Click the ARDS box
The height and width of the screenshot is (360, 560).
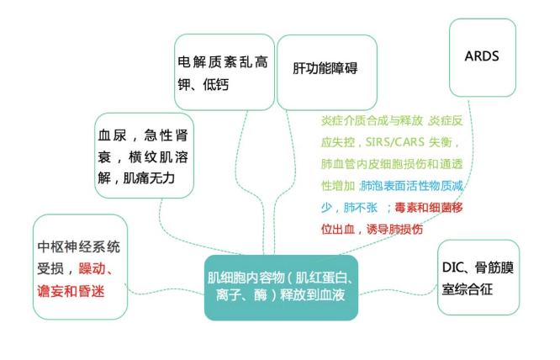pyautogui.click(x=483, y=57)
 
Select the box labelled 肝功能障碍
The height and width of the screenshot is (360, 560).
pyautogui.click(x=327, y=72)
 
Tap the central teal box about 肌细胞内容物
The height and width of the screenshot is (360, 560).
pyautogui.click(x=281, y=288)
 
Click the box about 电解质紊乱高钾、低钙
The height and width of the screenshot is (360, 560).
pyautogui.click(x=225, y=71)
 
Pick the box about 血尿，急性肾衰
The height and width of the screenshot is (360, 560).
pyautogui.click(x=144, y=156)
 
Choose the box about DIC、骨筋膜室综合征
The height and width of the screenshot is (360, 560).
pyautogui.click(x=478, y=278)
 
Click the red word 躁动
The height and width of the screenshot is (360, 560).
pyautogui.click(x=92, y=268)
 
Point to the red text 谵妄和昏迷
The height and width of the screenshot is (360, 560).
pyautogui.click(x=71, y=291)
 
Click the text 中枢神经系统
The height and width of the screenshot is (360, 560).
pyautogui.click(x=78, y=246)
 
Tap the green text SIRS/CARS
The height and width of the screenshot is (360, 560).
pyautogui.click(x=394, y=142)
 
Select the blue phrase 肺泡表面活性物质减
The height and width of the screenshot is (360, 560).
pyautogui.click(x=412, y=186)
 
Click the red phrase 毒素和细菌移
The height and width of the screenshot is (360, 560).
pyautogui.click(x=429, y=208)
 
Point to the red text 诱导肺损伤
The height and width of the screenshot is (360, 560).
pyautogui.click(x=394, y=230)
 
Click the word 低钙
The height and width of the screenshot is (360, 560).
pyautogui.click(x=216, y=85)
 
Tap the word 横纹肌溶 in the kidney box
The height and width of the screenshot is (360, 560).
pyautogui.click(x=159, y=156)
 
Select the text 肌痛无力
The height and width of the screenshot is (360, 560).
pyautogui.click(x=149, y=177)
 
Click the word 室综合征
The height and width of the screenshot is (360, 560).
pyautogui.click(x=468, y=289)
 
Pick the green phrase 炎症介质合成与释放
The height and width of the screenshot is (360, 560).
pyautogui.click(x=372, y=121)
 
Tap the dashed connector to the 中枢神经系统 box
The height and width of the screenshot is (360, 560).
pyautogui.click(x=165, y=291)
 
